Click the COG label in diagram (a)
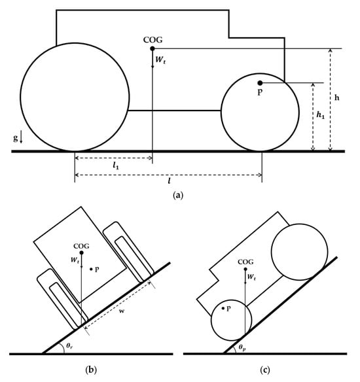click(x=153, y=40)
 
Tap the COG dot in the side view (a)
click(x=153, y=48)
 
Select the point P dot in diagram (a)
click(x=260, y=83)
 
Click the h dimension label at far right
click(x=337, y=97)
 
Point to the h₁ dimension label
click(x=321, y=114)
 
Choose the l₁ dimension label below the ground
click(x=116, y=166)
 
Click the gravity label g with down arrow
click(x=18, y=138)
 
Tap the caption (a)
click(x=177, y=196)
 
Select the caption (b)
click(x=91, y=370)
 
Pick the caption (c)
click(x=265, y=370)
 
